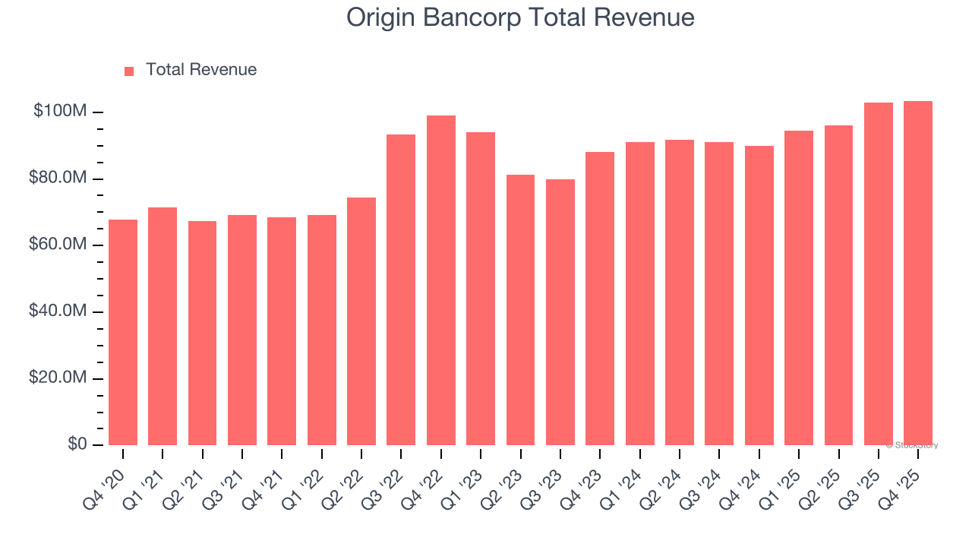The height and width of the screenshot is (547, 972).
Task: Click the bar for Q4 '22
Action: pyautogui.click(x=441, y=280)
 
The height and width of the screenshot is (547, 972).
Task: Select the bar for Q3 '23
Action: pyautogui.click(x=560, y=312)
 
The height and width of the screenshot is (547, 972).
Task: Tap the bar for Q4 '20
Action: pyautogui.click(x=123, y=332)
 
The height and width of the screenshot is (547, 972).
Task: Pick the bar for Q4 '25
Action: pyautogui.click(x=918, y=273)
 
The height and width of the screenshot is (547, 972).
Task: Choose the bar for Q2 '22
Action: pyautogui.click(x=361, y=321)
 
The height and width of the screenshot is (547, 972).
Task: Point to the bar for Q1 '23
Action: pyautogui.click(x=481, y=289)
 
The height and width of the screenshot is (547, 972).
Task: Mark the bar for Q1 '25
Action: pyautogui.click(x=799, y=288)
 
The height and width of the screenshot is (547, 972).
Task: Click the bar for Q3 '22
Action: pyautogui.click(x=401, y=289)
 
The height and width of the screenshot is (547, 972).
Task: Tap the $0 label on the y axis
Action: pyautogui.click(x=77, y=444)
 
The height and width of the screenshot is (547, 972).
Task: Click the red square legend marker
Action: pyautogui.click(x=129, y=71)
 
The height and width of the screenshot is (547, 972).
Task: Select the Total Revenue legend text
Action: pyautogui.click(x=201, y=70)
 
